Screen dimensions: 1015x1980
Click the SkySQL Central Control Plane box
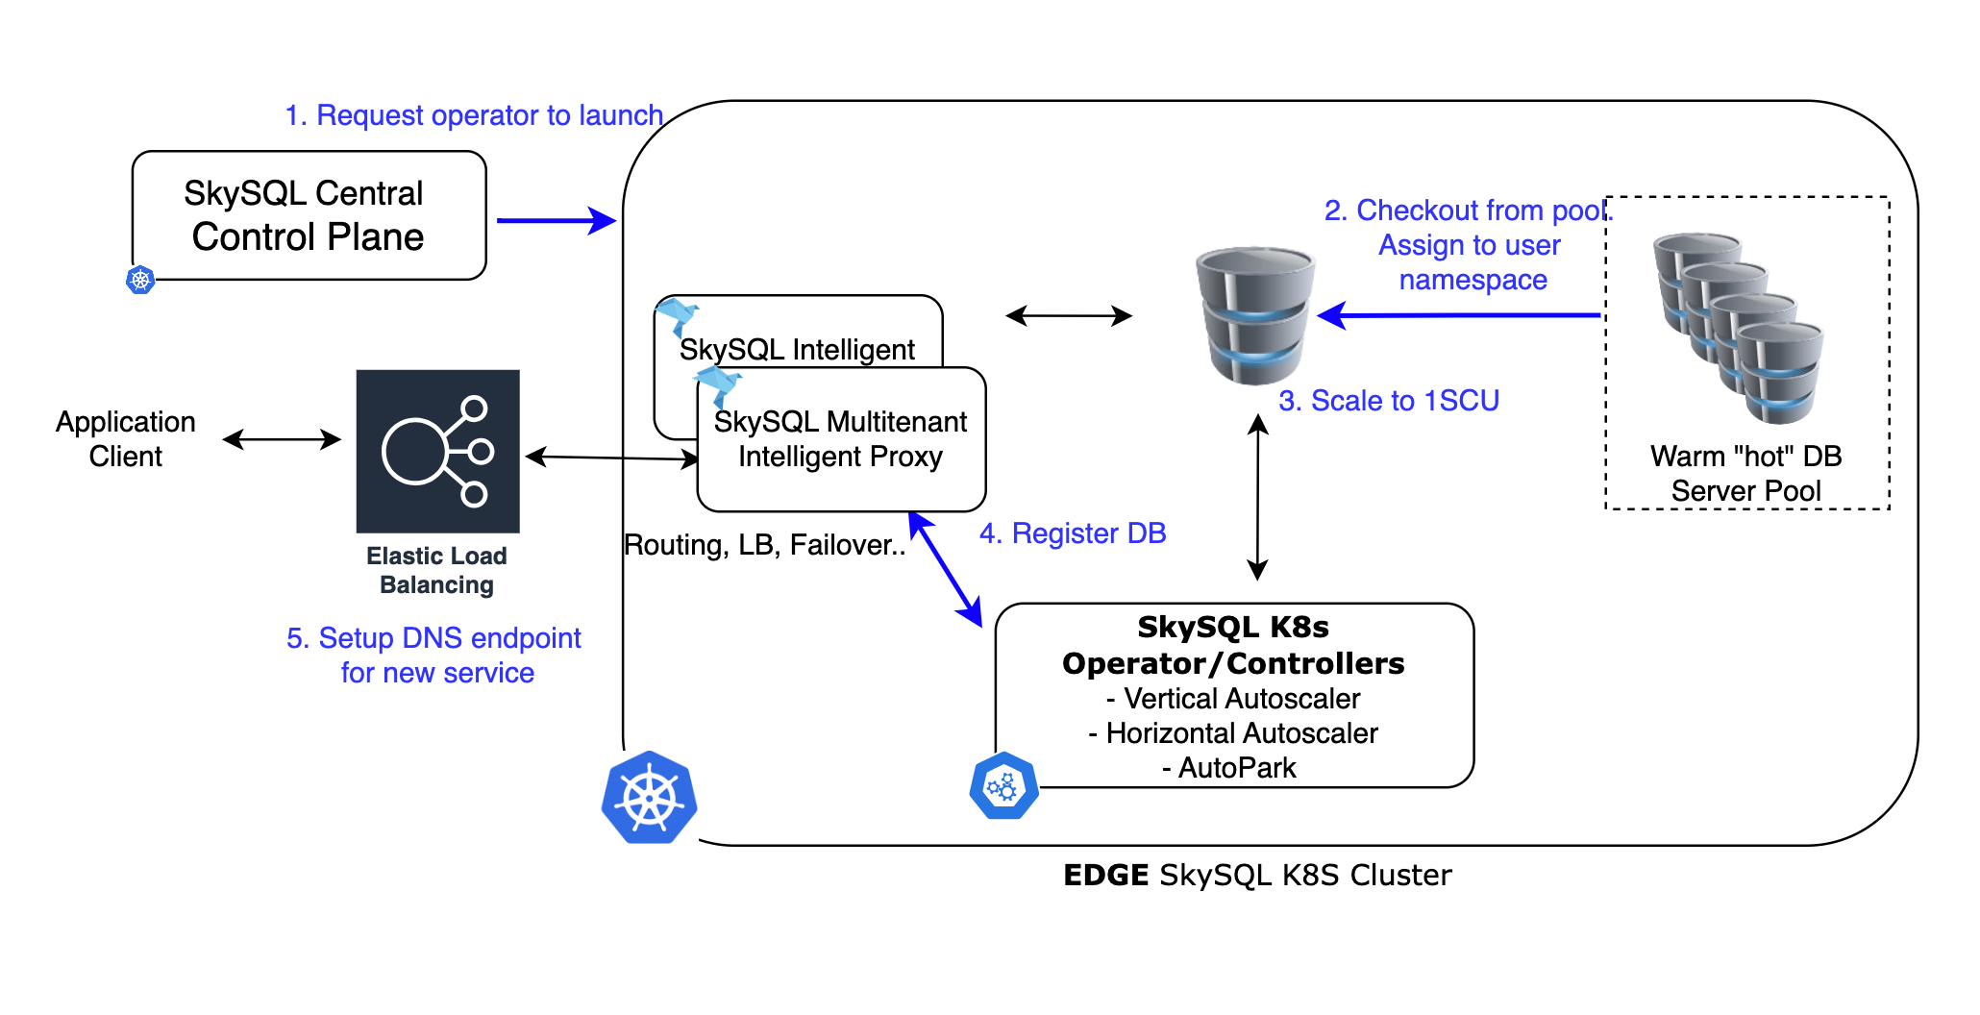(309, 215)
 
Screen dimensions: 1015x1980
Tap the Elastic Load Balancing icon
(437, 451)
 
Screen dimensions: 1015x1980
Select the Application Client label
(126, 438)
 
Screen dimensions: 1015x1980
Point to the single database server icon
(1254, 315)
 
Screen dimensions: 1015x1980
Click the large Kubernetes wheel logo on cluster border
(650, 798)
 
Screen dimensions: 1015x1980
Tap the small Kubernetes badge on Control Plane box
(141, 280)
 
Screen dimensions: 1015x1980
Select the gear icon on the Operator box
(1003, 786)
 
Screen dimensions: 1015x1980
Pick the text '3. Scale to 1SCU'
(1388, 401)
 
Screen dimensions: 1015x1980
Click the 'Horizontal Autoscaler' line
(1233, 733)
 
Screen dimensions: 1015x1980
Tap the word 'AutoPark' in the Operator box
(1237, 768)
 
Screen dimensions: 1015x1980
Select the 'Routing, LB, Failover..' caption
(764, 545)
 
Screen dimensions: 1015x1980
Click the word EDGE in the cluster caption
(1105, 876)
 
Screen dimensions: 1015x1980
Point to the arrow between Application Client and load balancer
(282, 439)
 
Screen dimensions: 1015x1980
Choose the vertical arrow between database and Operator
(1257, 497)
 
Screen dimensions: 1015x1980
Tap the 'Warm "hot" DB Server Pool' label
(1745, 473)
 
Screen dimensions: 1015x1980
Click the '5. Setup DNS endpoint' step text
(433, 638)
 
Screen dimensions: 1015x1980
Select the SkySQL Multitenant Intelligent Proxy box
(841, 439)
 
